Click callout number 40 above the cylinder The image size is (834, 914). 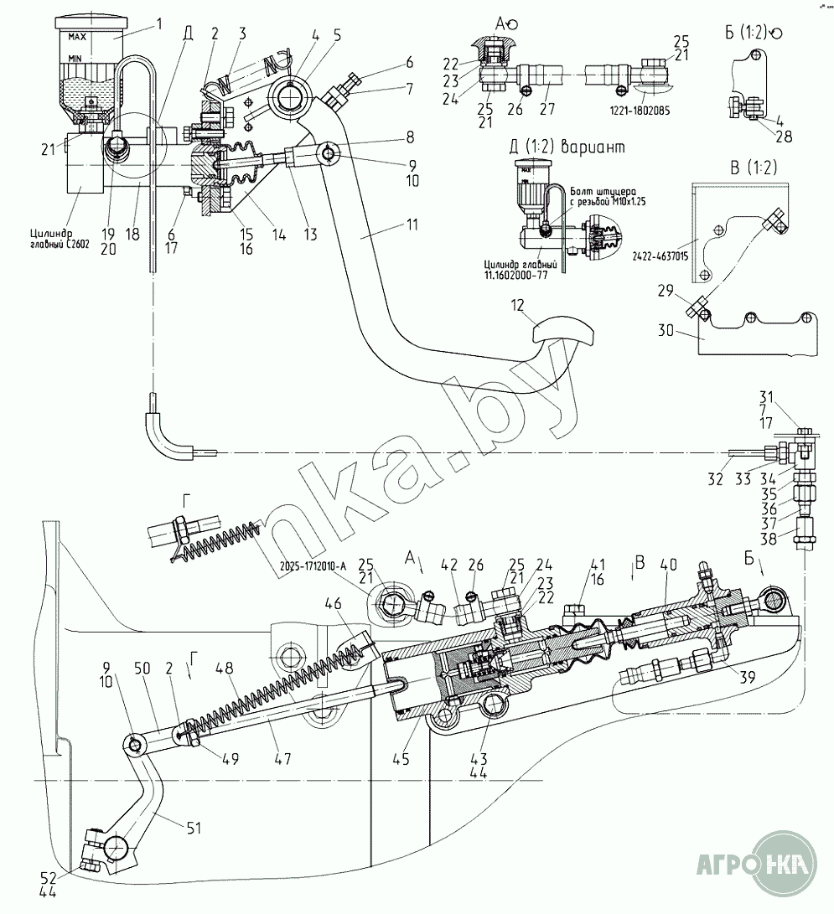tap(666, 565)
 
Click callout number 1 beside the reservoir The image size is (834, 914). tap(159, 25)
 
